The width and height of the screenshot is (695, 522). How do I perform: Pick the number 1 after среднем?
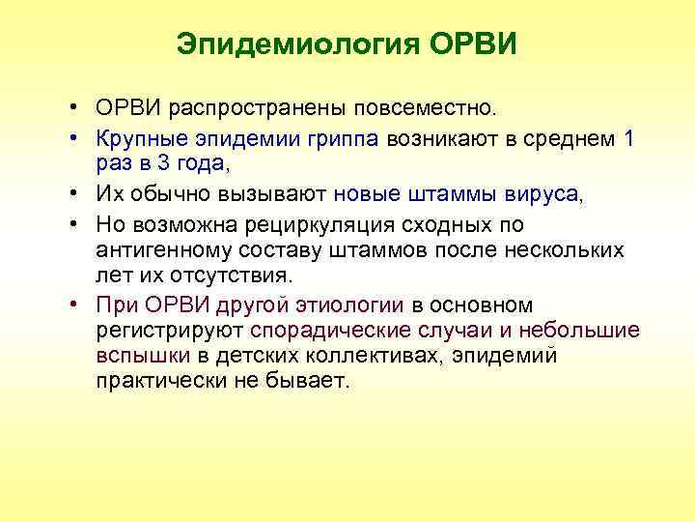click(x=628, y=138)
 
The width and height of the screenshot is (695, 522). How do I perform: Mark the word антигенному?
click(x=164, y=250)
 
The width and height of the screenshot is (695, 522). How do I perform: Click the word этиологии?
click(x=353, y=306)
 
